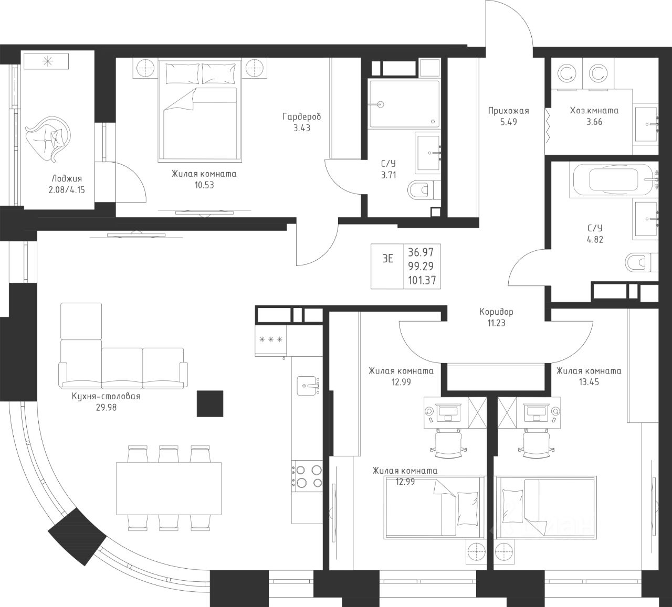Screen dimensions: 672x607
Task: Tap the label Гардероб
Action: pyautogui.click(x=302, y=116)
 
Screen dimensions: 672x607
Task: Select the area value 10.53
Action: pyautogui.click(x=204, y=185)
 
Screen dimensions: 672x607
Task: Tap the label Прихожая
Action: pyautogui.click(x=509, y=111)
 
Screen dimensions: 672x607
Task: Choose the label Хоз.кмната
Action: pyautogui.click(x=594, y=111)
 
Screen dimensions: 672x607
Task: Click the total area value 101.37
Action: pyautogui.click(x=422, y=280)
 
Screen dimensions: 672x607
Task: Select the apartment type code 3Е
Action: pyautogui.click(x=388, y=259)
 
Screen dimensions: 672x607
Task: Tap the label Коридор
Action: pyautogui.click(x=496, y=312)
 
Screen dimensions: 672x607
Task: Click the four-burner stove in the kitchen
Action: pyautogui.click(x=307, y=476)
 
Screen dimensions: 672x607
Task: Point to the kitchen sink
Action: pyautogui.click(x=308, y=386)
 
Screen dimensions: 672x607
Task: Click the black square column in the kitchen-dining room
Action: pyautogui.click(x=210, y=403)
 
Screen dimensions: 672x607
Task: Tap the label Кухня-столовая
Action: pyautogui.click(x=106, y=397)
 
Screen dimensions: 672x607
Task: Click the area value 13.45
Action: pyautogui.click(x=589, y=382)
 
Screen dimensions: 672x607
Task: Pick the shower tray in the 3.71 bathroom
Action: pyautogui.click(x=404, y=104)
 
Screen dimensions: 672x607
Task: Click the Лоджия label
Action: pyautogui.click(x=67, y=179)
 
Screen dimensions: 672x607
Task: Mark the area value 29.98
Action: pyautogui.click(x=106, y=408)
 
